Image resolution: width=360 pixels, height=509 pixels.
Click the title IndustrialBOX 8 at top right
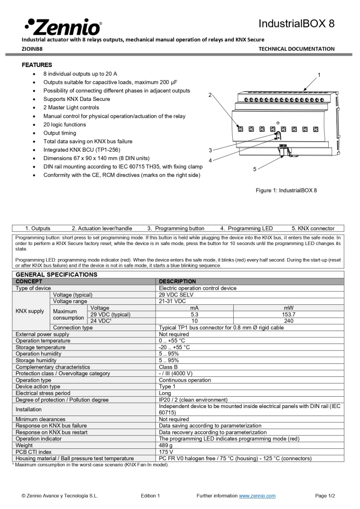click(x=296, y=24)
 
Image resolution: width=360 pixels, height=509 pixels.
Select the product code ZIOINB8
click(x=32, y=49)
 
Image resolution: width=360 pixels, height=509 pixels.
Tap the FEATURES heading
click(x=37, y=65)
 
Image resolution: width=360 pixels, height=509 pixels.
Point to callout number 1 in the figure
click(x=319, y=75)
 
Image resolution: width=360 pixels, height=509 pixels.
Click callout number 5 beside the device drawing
click(x=255, y=169)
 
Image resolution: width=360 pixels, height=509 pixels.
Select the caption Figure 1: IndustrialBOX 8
click(x=286, y=190)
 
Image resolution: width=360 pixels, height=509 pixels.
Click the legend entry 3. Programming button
click(x=176, y=228)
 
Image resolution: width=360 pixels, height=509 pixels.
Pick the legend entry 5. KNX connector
click(x=313, y=228)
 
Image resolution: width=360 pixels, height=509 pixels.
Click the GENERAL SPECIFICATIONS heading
click(x=57, y=274)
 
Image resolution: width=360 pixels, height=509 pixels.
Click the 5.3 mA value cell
click(x=194, y=314)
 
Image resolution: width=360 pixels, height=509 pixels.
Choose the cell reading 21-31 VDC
click(x=172, y=301)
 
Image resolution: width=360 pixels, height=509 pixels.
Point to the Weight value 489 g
click(x=166, y=445)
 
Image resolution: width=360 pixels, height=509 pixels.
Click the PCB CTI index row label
click(x=33, y=452)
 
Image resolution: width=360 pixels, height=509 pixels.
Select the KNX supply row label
click(x=30, y=311)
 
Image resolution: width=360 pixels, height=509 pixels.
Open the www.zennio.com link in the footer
click(x=257, y=496)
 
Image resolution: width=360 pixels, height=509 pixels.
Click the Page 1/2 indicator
click(x=325, y=496)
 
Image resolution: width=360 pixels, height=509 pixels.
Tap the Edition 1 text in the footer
click(x=150, y=496)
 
